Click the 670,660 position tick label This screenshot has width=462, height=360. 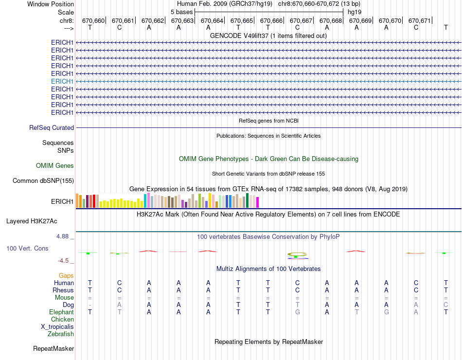coord(93,20)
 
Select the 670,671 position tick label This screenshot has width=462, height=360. coord(420,20)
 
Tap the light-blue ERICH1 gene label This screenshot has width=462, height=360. coord(62,81)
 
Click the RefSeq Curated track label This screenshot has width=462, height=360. coord(52,127)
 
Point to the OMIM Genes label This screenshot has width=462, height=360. coord(55,166)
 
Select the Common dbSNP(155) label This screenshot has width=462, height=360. coord(43,181)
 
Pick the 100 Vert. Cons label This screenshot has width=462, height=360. coord(27,249)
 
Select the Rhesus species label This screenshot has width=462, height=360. coord(63,290)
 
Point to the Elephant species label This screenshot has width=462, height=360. coord(61,312)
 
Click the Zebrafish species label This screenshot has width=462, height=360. coord(61,334)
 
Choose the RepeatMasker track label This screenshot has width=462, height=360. coord(53,349)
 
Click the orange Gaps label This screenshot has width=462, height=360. coord(66,276)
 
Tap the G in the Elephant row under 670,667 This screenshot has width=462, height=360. coord(298,312)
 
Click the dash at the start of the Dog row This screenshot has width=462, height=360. coord(90,305)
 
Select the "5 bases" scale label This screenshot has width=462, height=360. coord(181,12)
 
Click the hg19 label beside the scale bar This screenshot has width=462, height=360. coord(354,12)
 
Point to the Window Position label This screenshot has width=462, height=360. coord(51,4)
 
